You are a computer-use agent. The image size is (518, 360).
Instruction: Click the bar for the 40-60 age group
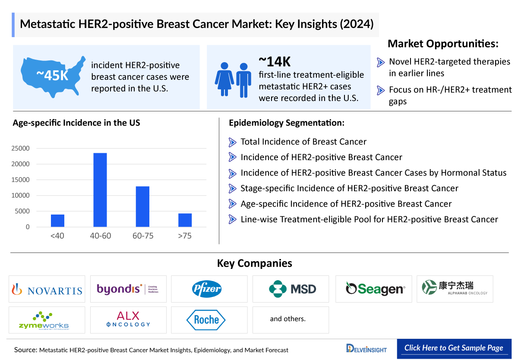coord(100,190)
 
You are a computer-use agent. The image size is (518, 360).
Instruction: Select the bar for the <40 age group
coord(57,221)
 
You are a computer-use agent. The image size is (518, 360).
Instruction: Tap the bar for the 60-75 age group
coord(142,206)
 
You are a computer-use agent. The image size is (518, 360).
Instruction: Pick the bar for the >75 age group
coord(185,220)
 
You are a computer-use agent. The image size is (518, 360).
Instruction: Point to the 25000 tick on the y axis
coord(21,148)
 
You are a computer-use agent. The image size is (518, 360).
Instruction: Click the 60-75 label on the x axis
coord(142,236)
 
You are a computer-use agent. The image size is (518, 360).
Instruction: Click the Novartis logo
coord(47,289)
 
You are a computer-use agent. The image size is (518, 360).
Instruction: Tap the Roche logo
coord(206,320)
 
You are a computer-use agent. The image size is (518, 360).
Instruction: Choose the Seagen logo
coord(376,289)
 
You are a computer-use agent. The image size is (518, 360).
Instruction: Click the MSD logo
coord(293,289)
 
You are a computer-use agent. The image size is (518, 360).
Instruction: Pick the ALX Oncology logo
coord(128,319)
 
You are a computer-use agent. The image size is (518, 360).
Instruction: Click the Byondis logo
coord(128,289)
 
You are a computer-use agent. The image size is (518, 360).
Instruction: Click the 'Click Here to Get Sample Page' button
coord(454,348)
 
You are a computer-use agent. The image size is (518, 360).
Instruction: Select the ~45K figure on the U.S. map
coord(52,76)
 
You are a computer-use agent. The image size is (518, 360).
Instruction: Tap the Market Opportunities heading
coord(443,44)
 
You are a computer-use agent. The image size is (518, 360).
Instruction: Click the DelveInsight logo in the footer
coord(366,349)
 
